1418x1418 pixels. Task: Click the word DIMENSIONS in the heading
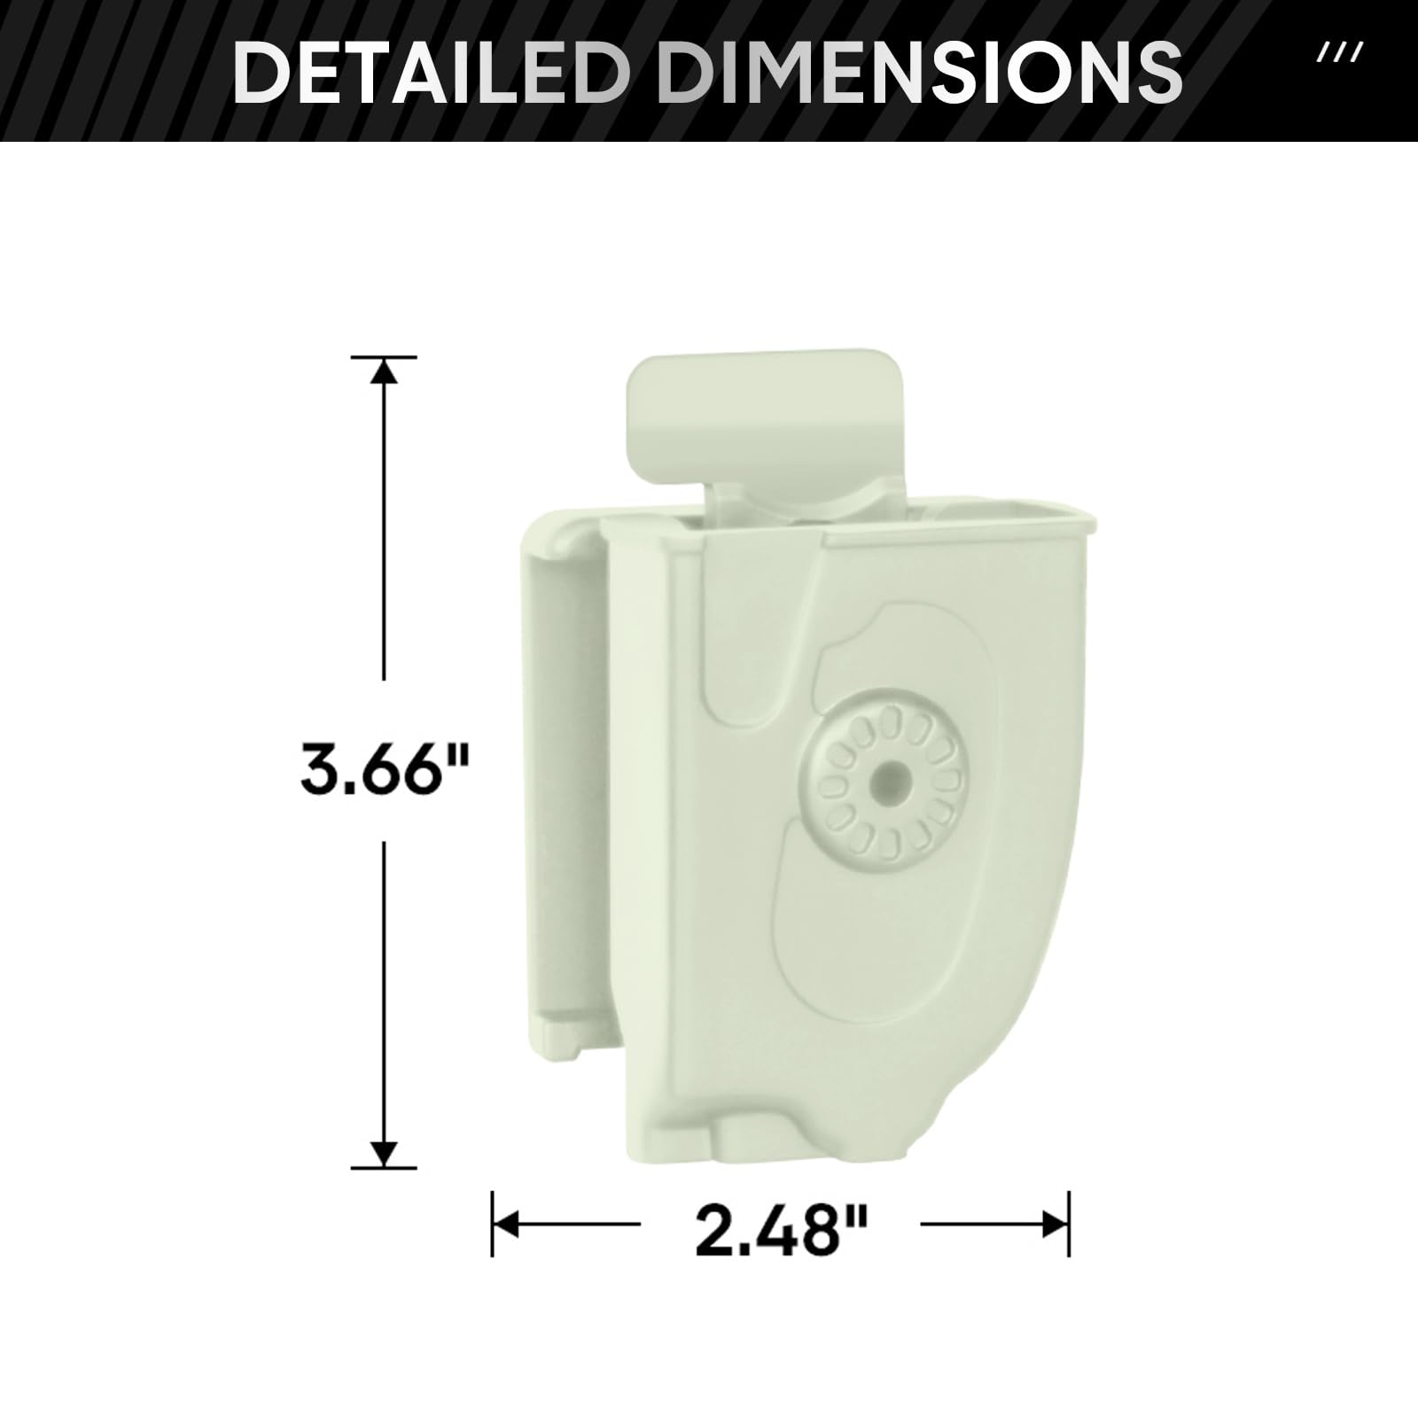coord(922,70)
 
